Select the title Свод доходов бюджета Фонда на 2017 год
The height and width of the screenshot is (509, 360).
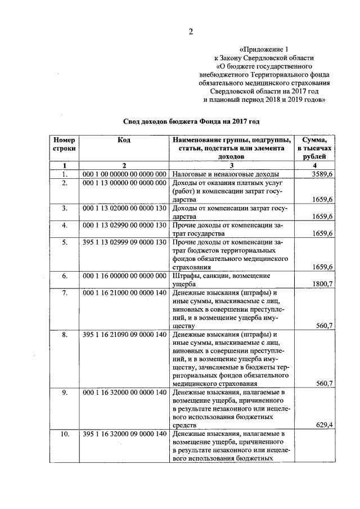click(x=191, y=121)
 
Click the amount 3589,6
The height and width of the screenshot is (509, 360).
click(x=323, y=175)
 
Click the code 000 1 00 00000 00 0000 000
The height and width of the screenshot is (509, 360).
click(x=124, y=175)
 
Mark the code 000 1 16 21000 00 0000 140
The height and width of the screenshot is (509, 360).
click(x=124, y=294)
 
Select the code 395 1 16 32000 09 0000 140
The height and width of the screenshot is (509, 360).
click(x=124, y=434)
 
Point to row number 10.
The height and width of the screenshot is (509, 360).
click(x=65, y=434)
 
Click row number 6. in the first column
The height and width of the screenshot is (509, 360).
click(x=65, y=276)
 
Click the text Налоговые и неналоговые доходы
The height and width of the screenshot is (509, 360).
click(x=217, y=175)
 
